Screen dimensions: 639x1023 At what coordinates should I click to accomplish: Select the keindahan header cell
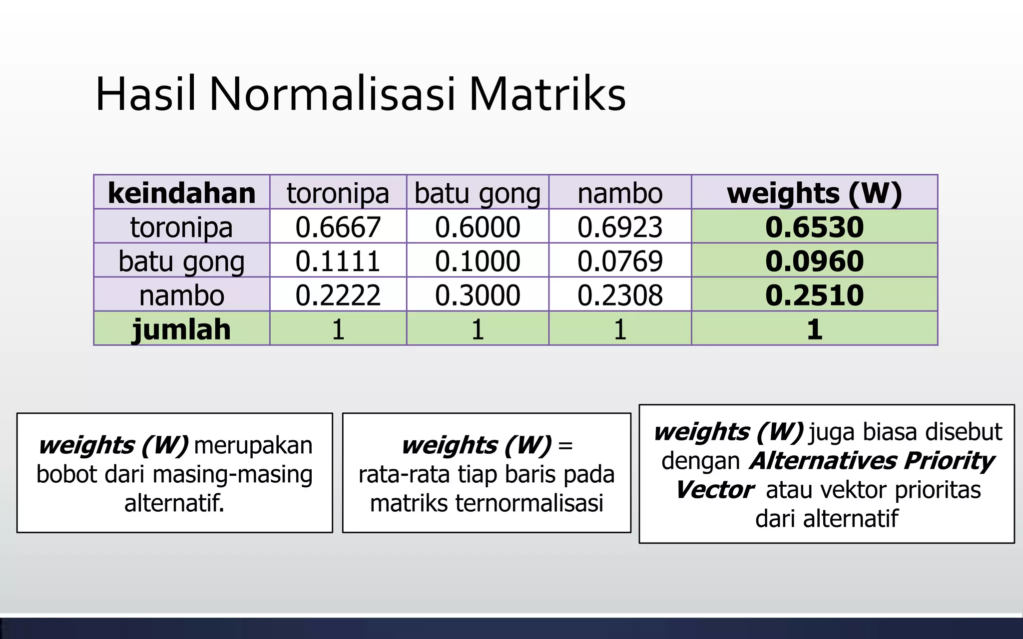point(182,193)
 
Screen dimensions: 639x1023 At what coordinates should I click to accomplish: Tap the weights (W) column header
point(814,193)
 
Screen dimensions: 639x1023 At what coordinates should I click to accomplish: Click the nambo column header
point(620,193)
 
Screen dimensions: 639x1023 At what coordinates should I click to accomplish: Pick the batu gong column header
point(478,193)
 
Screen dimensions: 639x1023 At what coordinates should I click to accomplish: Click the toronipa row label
point(182,227)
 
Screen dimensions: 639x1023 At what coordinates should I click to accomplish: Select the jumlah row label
point(182,329)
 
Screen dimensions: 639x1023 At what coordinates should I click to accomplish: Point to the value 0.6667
point(338,227)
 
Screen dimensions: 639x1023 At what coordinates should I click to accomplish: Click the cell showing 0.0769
point(620,261)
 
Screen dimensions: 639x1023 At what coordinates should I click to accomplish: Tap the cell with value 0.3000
point(478,295)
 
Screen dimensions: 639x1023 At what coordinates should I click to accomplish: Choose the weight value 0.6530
point(814,227)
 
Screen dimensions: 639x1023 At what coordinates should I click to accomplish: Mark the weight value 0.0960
point(814,261)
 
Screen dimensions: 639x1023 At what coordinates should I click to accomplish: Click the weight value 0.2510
point(814,295)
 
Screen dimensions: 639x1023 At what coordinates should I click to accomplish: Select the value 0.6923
point(620,227)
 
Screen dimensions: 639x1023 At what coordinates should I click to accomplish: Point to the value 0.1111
point(338,261)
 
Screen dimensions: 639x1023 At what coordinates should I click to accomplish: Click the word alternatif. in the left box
point(174,503)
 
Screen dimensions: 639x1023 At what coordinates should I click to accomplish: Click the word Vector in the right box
point(714,490)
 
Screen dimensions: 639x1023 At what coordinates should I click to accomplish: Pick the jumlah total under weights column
point(814,329)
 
